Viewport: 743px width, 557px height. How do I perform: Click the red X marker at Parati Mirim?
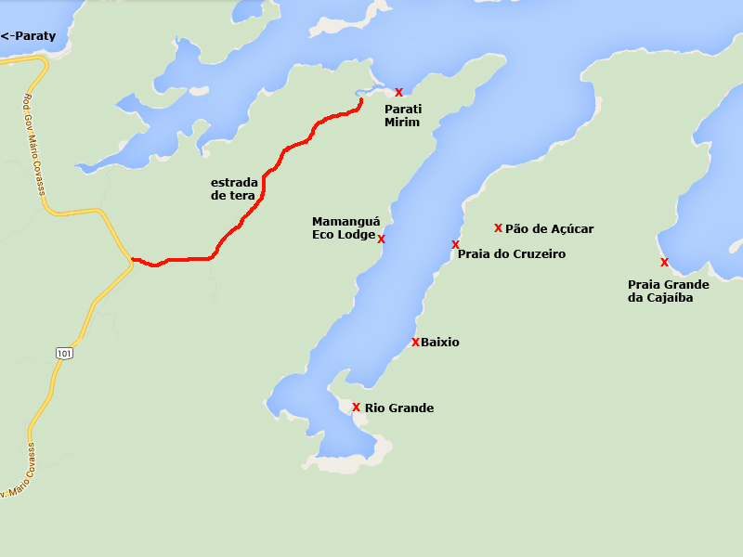click(x=398, y=92)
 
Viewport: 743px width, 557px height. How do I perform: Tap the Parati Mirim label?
click(x=403, y=116)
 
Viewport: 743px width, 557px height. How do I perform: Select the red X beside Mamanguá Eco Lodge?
click(x=381, y=239)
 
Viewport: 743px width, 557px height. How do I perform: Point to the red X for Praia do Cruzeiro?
click(x=455, y=244)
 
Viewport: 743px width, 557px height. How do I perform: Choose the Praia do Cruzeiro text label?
click(x=511, y=254)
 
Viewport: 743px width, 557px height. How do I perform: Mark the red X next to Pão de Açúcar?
click(x=498, y=227)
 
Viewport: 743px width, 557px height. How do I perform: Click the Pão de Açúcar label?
click(x=549, y=229)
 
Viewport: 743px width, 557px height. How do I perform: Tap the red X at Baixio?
click(x=415, y=342)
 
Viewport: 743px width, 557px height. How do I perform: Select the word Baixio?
click(x=440, y=343)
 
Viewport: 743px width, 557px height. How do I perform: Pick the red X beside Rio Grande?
click(x=356, y=407)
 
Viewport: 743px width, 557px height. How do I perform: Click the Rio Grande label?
click(x=399, y=408)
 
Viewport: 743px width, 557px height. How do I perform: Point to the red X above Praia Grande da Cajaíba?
click(x=664, y=262)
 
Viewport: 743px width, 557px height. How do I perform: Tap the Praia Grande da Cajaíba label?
click(x=668, y=291)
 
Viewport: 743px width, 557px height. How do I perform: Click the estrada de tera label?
click(x=234, y=188)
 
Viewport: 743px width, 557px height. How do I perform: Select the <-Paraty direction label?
click(x=29, y=36)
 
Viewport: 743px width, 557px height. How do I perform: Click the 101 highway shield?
click(x=63, y=353)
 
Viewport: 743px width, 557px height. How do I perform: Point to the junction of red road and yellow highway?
click(x=133, y=260)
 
